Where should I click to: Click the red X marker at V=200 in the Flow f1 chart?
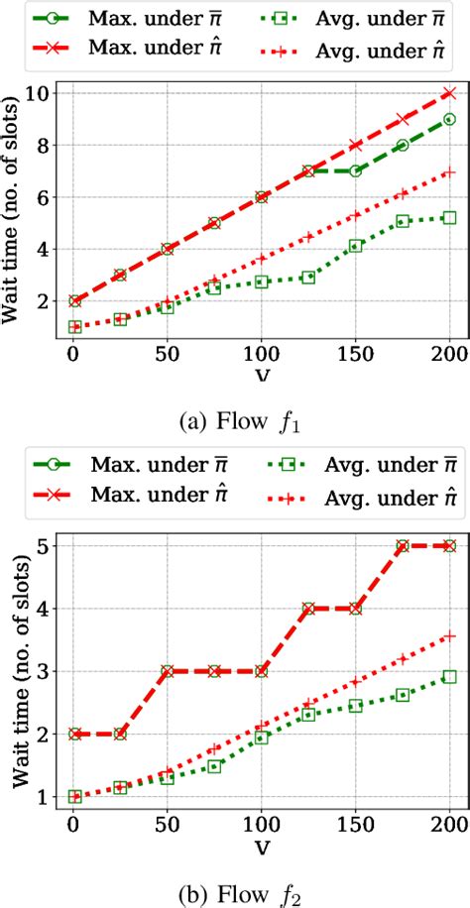coord(449,93)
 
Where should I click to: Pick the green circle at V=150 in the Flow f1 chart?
coord(355,170)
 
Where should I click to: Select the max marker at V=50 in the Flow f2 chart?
coord(167,671)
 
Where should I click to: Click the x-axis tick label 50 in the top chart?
coord(167,352)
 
